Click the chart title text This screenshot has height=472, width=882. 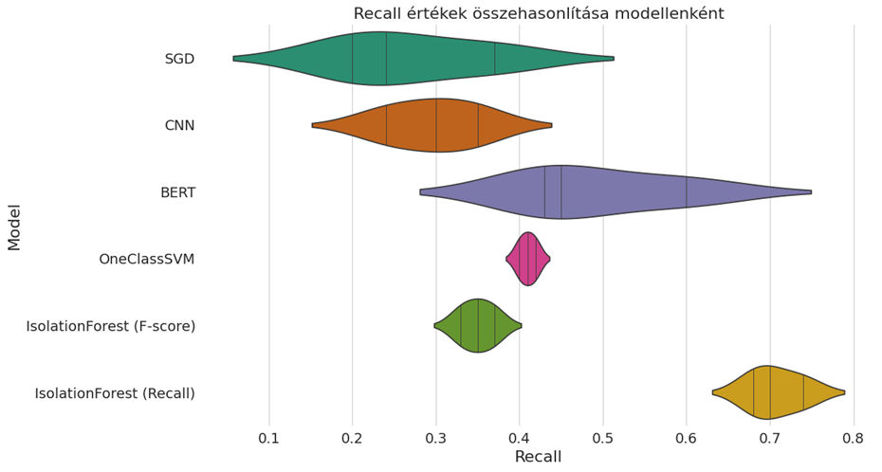point(539,13)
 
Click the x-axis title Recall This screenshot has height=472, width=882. point(538,457)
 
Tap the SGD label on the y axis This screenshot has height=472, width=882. point(179,59)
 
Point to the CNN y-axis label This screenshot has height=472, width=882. point(179,125)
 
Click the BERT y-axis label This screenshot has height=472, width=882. point(177,192)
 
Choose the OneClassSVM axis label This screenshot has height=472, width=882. point(147,259)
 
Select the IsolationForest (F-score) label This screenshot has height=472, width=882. point(111,326)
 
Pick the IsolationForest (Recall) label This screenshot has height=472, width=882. point(115,392)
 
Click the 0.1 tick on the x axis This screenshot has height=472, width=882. point(269,438)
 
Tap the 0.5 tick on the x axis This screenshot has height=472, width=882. point(603,438)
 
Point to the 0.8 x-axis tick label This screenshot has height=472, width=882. point(854,438)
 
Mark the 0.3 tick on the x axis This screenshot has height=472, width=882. point(436,438)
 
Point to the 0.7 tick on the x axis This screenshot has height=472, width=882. point(770,438)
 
